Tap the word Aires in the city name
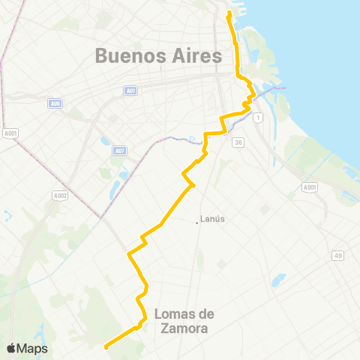click(x=198, y=55)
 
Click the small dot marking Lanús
click(x=199, y=220)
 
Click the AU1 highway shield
click(x=130, y=91)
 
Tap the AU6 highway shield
click(x=55, y=103)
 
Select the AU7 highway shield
click(x=119, y=150)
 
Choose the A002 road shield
click(x=60, y=196)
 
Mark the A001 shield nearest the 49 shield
click(x=310, y=187)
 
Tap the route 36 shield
click(x=238, y=142)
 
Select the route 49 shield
click(x=338, y=256)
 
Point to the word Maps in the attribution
click(x=34, y=348)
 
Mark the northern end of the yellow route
click(x=229, y=12)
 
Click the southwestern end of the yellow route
click(x=106, y=346)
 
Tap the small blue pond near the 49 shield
click(x=278, y=280)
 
